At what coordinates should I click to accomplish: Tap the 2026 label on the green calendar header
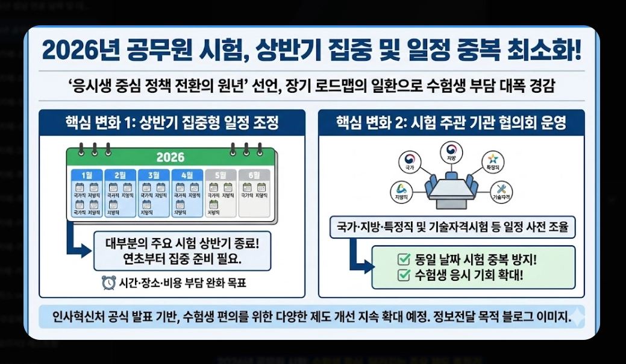pos(170,158)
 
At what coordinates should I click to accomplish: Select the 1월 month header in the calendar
pos(87,175)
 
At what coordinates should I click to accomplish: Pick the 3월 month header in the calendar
pos(154,175)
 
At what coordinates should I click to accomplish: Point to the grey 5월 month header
pos(221,175)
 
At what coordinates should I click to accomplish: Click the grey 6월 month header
pos(254,175)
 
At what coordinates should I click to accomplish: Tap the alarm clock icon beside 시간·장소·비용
pos(108,282)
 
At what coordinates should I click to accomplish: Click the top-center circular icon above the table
pos(450,151)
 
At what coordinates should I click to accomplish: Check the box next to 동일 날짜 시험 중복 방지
pos(404,260)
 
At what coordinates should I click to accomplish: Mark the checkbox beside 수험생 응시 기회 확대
pos(404,276)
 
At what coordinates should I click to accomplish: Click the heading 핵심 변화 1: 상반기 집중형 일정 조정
pos(172,123)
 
